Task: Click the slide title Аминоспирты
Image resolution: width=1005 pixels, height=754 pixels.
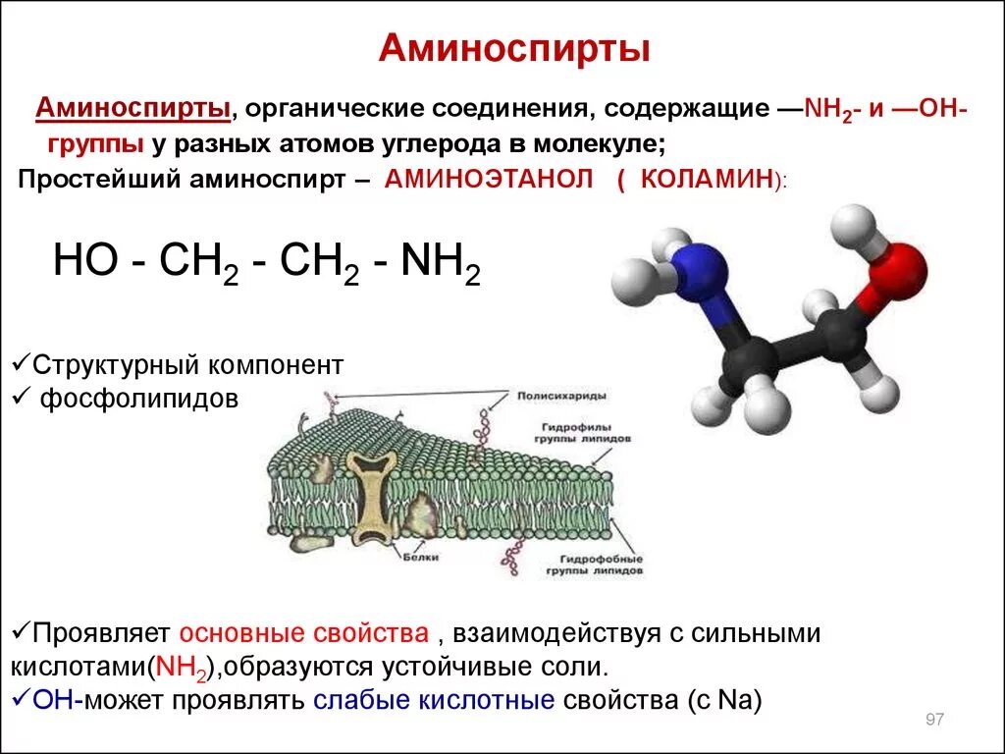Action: [x=514, y=48]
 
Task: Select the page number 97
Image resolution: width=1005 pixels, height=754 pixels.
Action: [x=933, y=721]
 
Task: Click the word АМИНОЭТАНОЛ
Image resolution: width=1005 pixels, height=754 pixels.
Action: [x=490, y=180]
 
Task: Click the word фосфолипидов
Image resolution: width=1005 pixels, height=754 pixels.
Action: [x=139, y=400]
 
